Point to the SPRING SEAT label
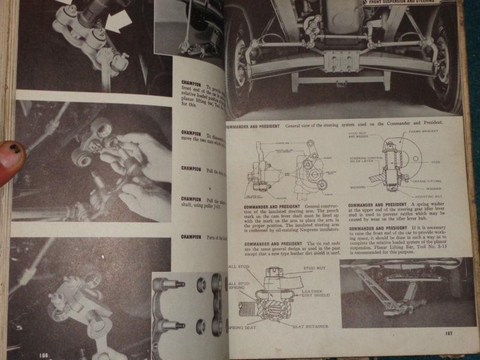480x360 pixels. pyautogui.click(x=242, y=328)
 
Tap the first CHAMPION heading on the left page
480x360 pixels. pyautogui.click(x=191, y=79)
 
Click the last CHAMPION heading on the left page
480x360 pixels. pyautogui.click(x=191, y=237)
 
